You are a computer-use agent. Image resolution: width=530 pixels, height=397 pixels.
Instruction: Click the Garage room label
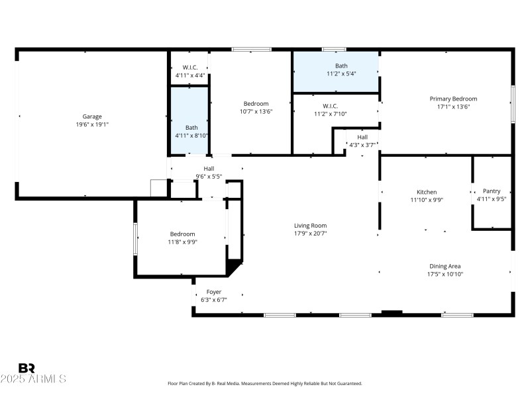pyautogui.click(x=92, y=116)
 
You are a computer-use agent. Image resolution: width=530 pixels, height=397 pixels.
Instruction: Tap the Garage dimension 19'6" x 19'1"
pyautogui.click(x=92, y=124)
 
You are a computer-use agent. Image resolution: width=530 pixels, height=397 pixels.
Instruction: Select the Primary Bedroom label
pyautogui.click(x=453, y=99)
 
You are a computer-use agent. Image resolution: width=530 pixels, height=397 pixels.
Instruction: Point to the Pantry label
pyautogui.click(x=492, y=191)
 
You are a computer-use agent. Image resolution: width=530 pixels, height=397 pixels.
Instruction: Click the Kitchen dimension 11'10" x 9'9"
pyautogui.click(x=427, y=200)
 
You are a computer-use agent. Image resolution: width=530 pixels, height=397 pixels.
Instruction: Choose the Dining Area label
pyautogui.click(x=445, y=266)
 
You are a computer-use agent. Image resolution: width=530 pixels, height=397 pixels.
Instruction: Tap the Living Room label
pyautogui.click(x=311, y=226)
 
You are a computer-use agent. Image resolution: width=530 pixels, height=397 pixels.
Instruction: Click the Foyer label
pyautogui.click(x=214, y=292)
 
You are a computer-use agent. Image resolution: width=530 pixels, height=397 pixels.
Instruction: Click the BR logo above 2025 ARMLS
pyautogui.click(x=26, y=368)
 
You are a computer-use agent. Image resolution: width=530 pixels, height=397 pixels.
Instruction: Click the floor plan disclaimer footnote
pyautogui.click(x=265, y=384)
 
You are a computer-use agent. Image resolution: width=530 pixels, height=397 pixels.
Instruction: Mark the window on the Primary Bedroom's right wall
pyautogui.click(x=513, y=103)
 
